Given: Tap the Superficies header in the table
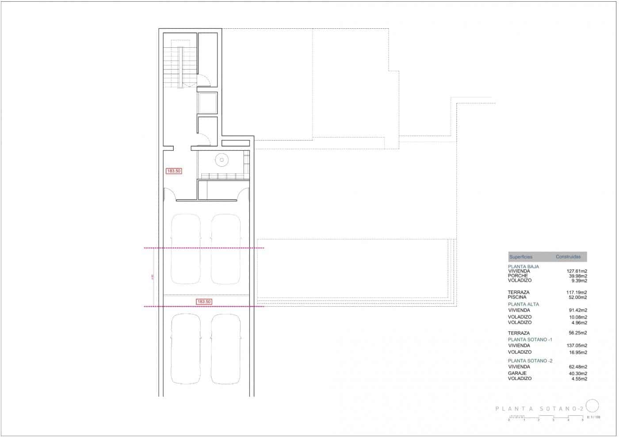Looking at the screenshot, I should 521,257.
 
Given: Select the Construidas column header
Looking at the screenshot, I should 568,257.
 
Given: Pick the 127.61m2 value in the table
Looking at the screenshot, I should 577,271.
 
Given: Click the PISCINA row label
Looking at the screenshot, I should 517,297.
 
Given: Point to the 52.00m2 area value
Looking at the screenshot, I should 578,297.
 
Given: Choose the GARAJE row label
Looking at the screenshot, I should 517,373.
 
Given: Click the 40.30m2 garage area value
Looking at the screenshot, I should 578,373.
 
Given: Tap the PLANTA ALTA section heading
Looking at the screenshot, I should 523,304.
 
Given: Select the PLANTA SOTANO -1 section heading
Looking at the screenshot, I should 530,339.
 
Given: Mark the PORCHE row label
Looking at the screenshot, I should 518,276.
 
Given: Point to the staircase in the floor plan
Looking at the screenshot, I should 180,66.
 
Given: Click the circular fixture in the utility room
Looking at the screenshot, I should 221,160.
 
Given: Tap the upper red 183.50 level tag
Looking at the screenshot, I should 174,171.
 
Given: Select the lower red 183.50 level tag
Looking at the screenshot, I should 204,302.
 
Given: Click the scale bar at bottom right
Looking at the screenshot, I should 546,417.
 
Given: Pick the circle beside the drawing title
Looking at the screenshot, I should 592,406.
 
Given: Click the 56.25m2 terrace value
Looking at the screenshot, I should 578,333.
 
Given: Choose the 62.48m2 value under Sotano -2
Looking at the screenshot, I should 578,367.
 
